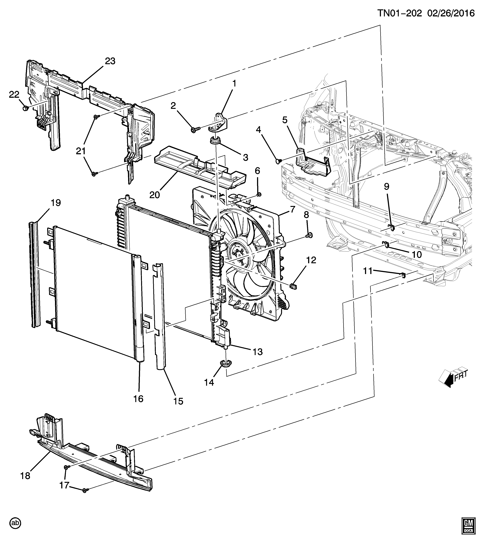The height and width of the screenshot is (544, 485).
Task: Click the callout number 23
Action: coord(110,61)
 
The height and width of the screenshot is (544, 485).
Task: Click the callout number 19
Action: coord(56,203)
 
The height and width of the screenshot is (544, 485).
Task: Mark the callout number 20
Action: coord(155,195)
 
